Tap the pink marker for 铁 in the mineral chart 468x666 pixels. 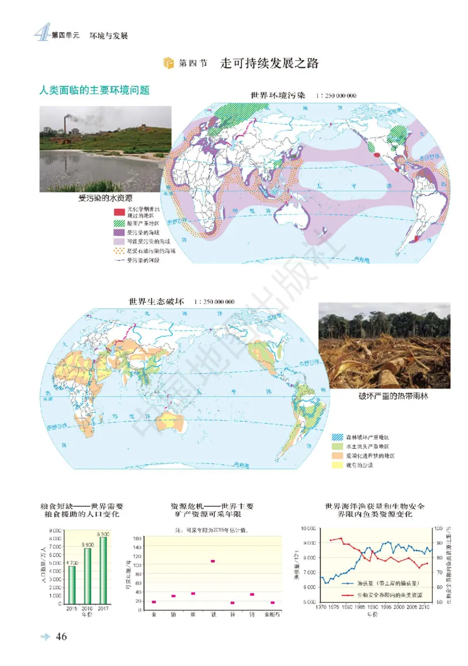pos(213,561)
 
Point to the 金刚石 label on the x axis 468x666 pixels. pos(273,616)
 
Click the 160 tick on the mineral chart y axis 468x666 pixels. pos(138,538)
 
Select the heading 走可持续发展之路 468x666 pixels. pos(270,63)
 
